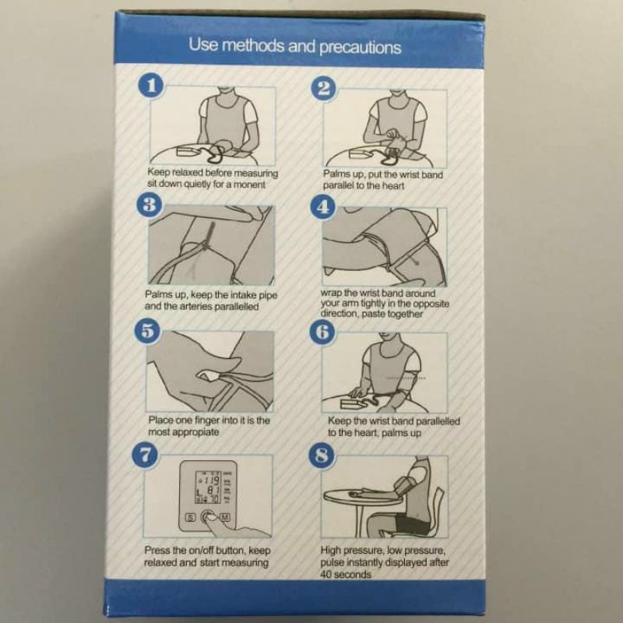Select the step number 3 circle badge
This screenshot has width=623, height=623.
tap(148, 205)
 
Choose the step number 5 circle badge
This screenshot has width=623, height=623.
tap(148, 330)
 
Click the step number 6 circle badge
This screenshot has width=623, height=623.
tap(322, 331)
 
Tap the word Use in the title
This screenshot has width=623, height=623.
tap(205, 46)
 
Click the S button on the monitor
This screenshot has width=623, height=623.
tap(188, 516)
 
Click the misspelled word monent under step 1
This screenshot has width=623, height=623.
tap(250, 186)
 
